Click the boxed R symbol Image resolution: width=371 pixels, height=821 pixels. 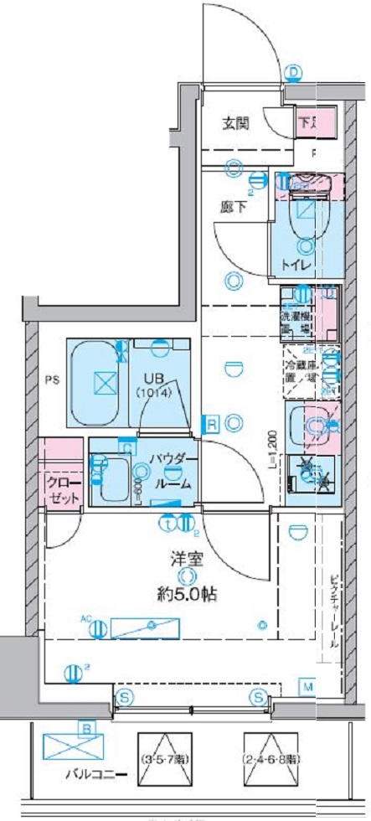click(214, 425)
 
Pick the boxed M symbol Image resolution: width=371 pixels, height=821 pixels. click(307, 688)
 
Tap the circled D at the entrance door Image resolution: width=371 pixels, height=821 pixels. click(293, 73)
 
